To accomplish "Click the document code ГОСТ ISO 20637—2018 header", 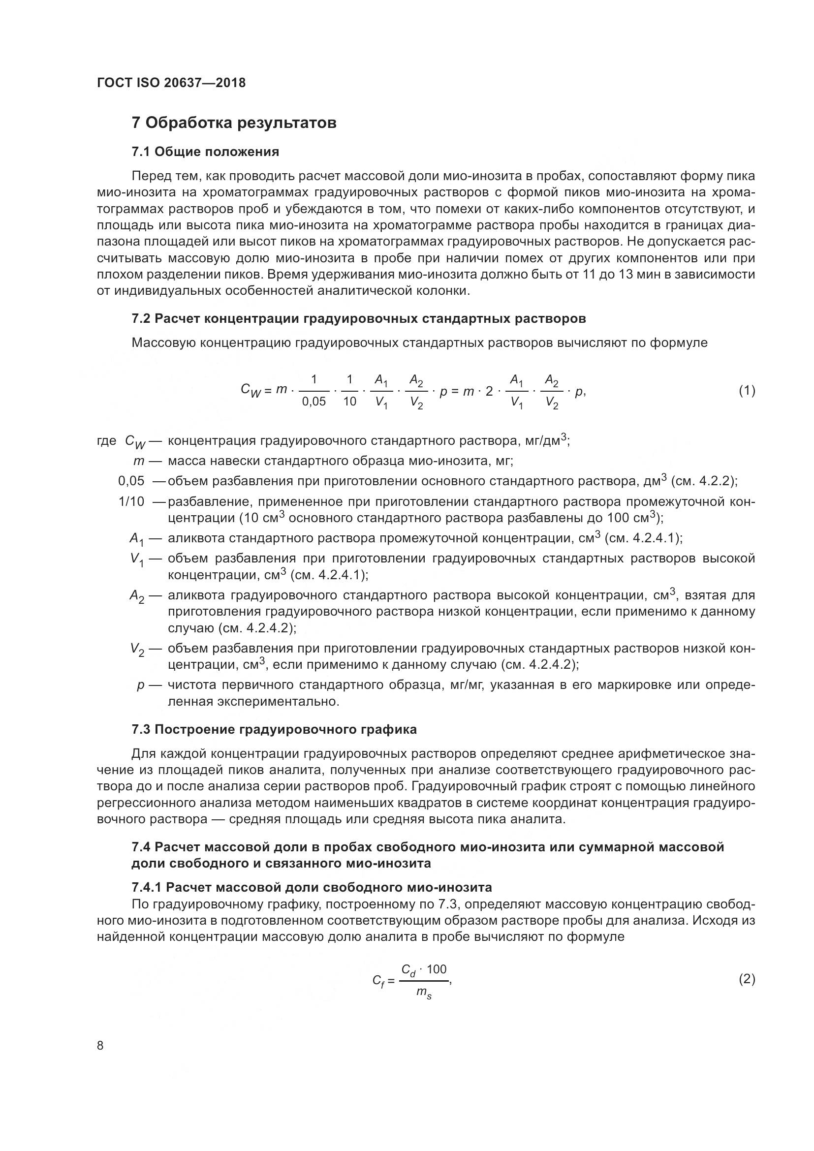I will [x=171, y=83].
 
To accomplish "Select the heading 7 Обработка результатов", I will [x=234, y=123].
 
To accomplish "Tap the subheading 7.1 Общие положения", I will [x=205, y=152].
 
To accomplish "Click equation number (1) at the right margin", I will [x=747, y=391].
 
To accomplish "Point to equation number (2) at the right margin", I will [x=747, y=979].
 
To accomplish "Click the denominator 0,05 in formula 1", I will [x=314, y=402].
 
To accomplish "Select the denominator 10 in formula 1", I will [x=349, y=402].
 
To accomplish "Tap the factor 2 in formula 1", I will [x=489, y=392].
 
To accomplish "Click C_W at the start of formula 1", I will [x=250, y=391].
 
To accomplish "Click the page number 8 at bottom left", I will [x=100, y=1046].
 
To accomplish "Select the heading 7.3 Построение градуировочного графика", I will [x=274, y=729].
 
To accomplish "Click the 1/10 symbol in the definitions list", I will [x=131, y=501].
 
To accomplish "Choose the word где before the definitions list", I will [x=106, y=440].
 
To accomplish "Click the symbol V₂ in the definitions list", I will [x=137, y=650].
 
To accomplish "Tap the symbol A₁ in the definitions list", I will [x=136, y=539].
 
